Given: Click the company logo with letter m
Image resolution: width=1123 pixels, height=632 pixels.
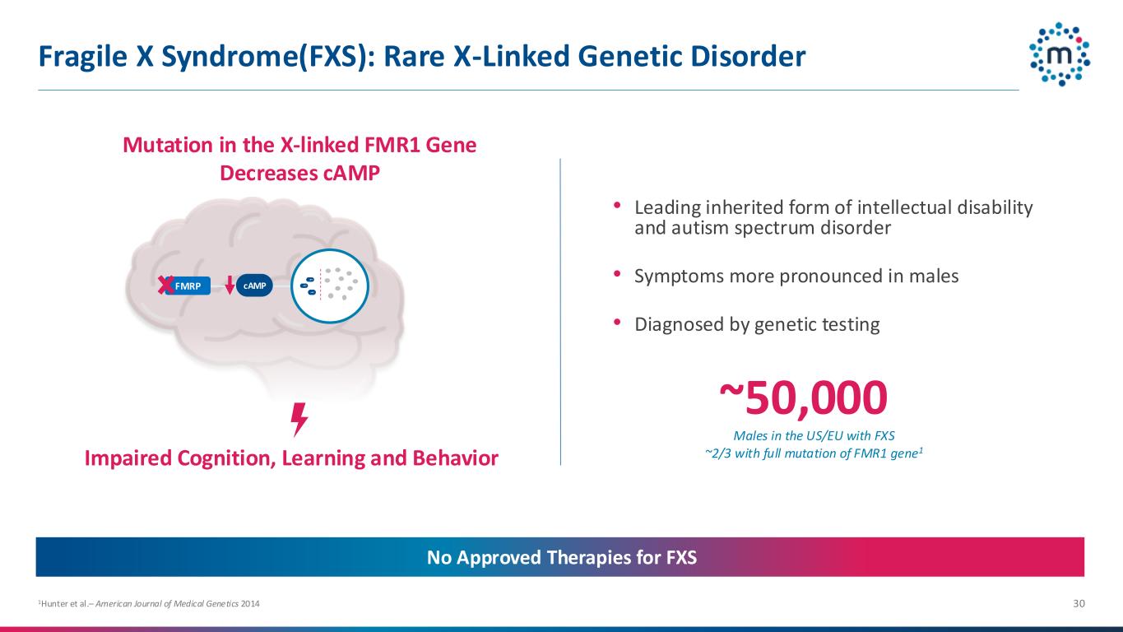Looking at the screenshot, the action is click(x=1060, y=54).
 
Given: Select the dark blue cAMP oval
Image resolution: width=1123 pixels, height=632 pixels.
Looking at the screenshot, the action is click(x=254, y=286).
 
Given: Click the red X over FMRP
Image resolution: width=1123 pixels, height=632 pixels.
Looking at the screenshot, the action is click(x=165, y=286).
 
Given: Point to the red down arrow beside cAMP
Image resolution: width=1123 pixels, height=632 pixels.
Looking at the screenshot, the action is click(x=230, y=285).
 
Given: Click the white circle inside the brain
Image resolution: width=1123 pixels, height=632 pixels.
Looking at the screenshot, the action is click(x=330, y=286).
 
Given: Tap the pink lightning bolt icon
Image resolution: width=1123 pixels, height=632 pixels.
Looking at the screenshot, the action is click(x=299, y=420).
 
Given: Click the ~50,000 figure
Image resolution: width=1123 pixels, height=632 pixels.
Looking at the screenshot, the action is click(x=803, y=398).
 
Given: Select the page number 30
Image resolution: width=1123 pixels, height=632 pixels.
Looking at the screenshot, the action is click(x=1079, y=603).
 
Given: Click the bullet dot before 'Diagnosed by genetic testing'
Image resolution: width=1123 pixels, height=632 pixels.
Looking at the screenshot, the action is click(x=617, y=322).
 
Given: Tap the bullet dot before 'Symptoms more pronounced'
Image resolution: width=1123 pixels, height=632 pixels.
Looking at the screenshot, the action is click(x=617, y=273).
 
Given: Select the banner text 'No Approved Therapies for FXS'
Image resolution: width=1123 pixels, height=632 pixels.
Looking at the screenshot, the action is click(x=561, y=557).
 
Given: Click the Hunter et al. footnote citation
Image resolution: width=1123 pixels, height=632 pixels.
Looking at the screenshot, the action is click(x=149, y=604).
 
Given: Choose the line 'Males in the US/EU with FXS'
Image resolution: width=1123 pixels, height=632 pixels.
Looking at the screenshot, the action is click(x=814, y=436).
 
